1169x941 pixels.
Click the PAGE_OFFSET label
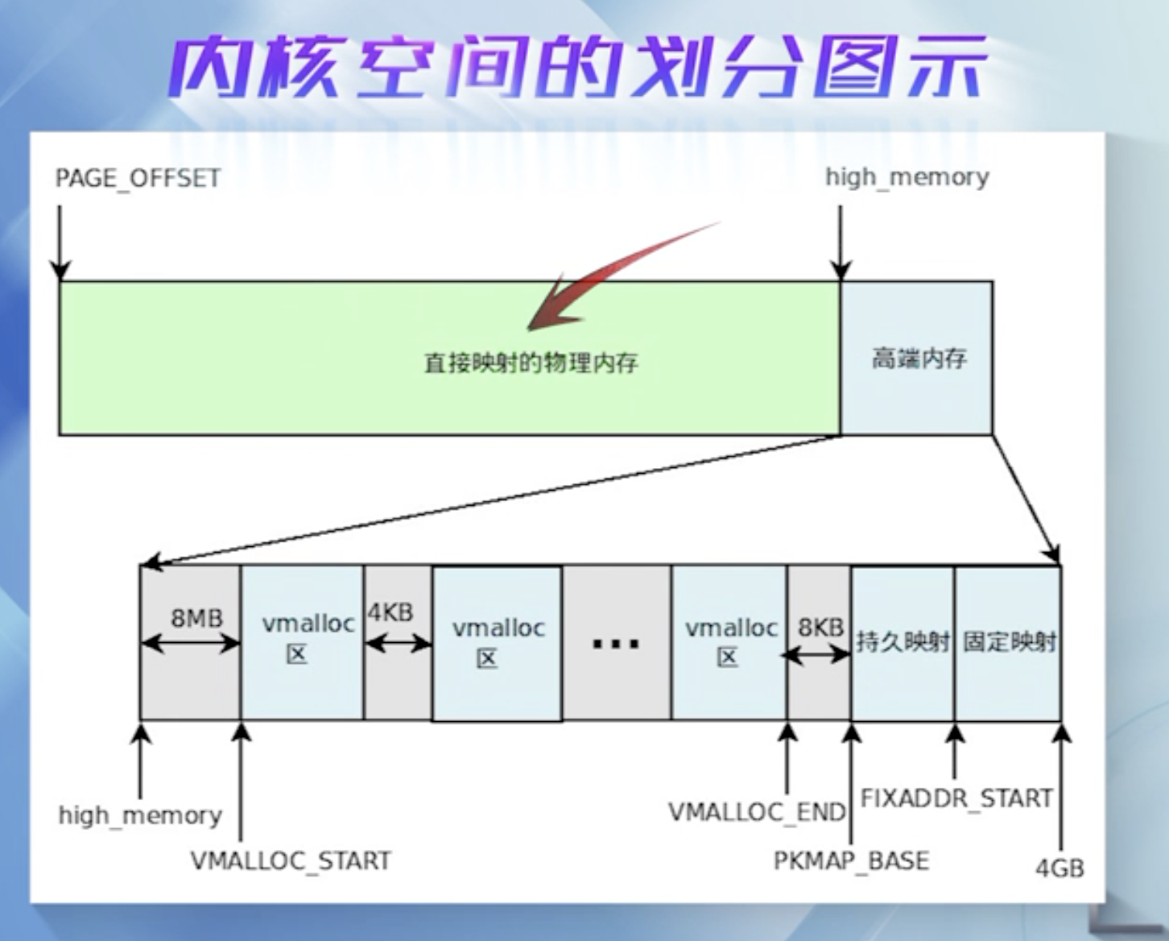tap(138, 178)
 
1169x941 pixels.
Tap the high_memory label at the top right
tap(907, 177)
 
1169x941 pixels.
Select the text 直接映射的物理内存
tap(531, 363)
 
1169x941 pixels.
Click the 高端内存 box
tap(918, 358)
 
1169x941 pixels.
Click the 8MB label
tap(196, 618)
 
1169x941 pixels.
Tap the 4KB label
tap(390, 612)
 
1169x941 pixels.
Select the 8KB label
tap(820, 627)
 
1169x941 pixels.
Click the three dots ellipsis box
tap(615, 643)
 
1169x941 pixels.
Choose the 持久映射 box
tap(903, 642)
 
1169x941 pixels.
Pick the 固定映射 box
tap(1009, 642)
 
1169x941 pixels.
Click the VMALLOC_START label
tap(291, 860)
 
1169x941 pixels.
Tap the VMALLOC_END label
tap(757, 811)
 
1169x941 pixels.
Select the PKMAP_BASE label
tap(851, 860)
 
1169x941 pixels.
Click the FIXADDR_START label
tap(956, 798)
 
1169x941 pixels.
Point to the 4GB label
tap(1059, 868)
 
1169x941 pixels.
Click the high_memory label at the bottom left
tap(140, 815)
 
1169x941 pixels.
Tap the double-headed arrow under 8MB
tap(191, 643)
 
